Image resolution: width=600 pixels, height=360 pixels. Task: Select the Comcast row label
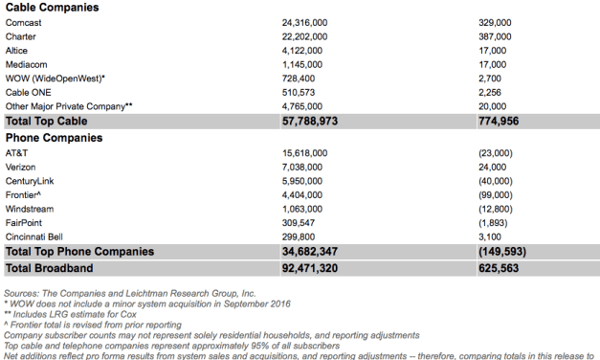click(x=23, y=22)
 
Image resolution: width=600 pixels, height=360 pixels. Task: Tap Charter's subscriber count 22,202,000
click(x=304, y=36)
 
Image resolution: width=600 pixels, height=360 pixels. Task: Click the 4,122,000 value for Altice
click(x=304, y=51)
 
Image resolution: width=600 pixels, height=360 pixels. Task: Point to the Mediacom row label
click(x=27, y=64)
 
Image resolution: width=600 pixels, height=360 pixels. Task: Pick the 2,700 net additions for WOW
click(x=491, y=79)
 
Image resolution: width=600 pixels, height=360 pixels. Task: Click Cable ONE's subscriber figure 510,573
click(x=300, y=92)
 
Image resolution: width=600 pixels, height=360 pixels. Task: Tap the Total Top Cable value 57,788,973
click(x=310, y=122)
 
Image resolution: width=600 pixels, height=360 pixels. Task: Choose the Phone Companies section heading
click(x=55, y=137)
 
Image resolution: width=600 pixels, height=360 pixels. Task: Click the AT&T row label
click(x=17, y=152)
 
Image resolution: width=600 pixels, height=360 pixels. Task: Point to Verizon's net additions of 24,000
click(x=494, y=167)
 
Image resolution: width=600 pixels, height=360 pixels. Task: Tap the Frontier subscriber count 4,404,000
click(x=304, y=194)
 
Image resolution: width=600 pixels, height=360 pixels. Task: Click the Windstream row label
click(x=30, y=208)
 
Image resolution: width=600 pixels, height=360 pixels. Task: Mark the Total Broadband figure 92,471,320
click(x=310, y=268)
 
